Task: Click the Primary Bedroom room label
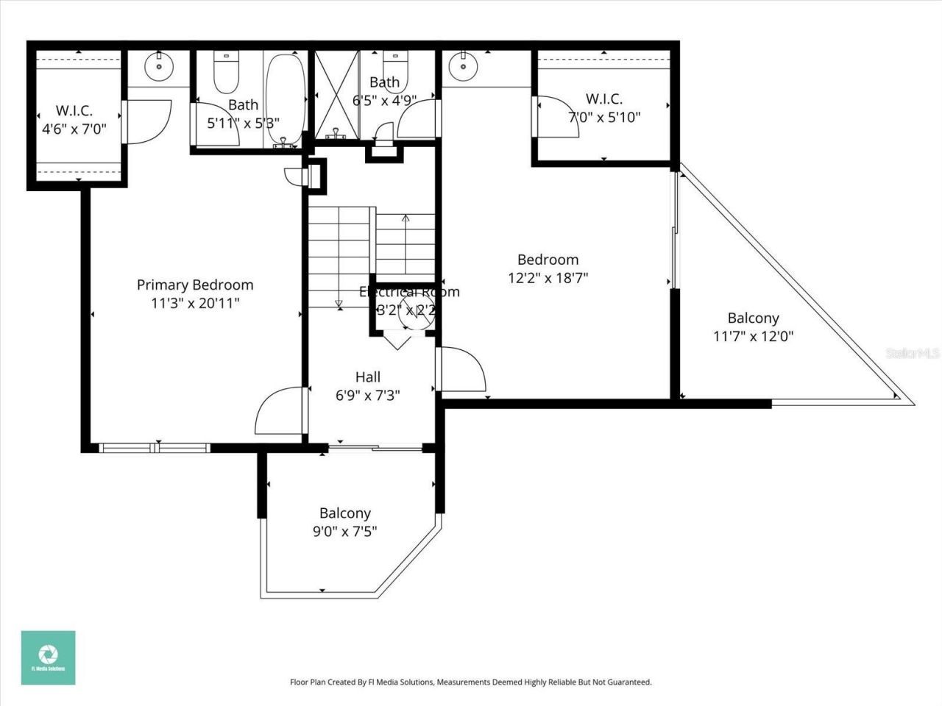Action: (x=195, y=285)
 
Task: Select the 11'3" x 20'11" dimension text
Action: (x=195, y=303)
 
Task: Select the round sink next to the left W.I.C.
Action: (x=158, y=65)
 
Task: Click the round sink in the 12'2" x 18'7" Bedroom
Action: (x=463, y=65)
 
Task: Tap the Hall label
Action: (x=368, y=377)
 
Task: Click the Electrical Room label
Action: (x=409, y=292)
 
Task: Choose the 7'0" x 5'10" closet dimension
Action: (x=604, y=117)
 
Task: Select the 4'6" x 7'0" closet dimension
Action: (x=74, y=129)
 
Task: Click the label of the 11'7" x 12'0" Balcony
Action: (x=753, y=318)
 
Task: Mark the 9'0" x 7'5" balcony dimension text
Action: (x=344, y=531)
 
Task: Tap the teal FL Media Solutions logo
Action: (x=48, y=657)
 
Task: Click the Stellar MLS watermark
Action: (x=912, y=353)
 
